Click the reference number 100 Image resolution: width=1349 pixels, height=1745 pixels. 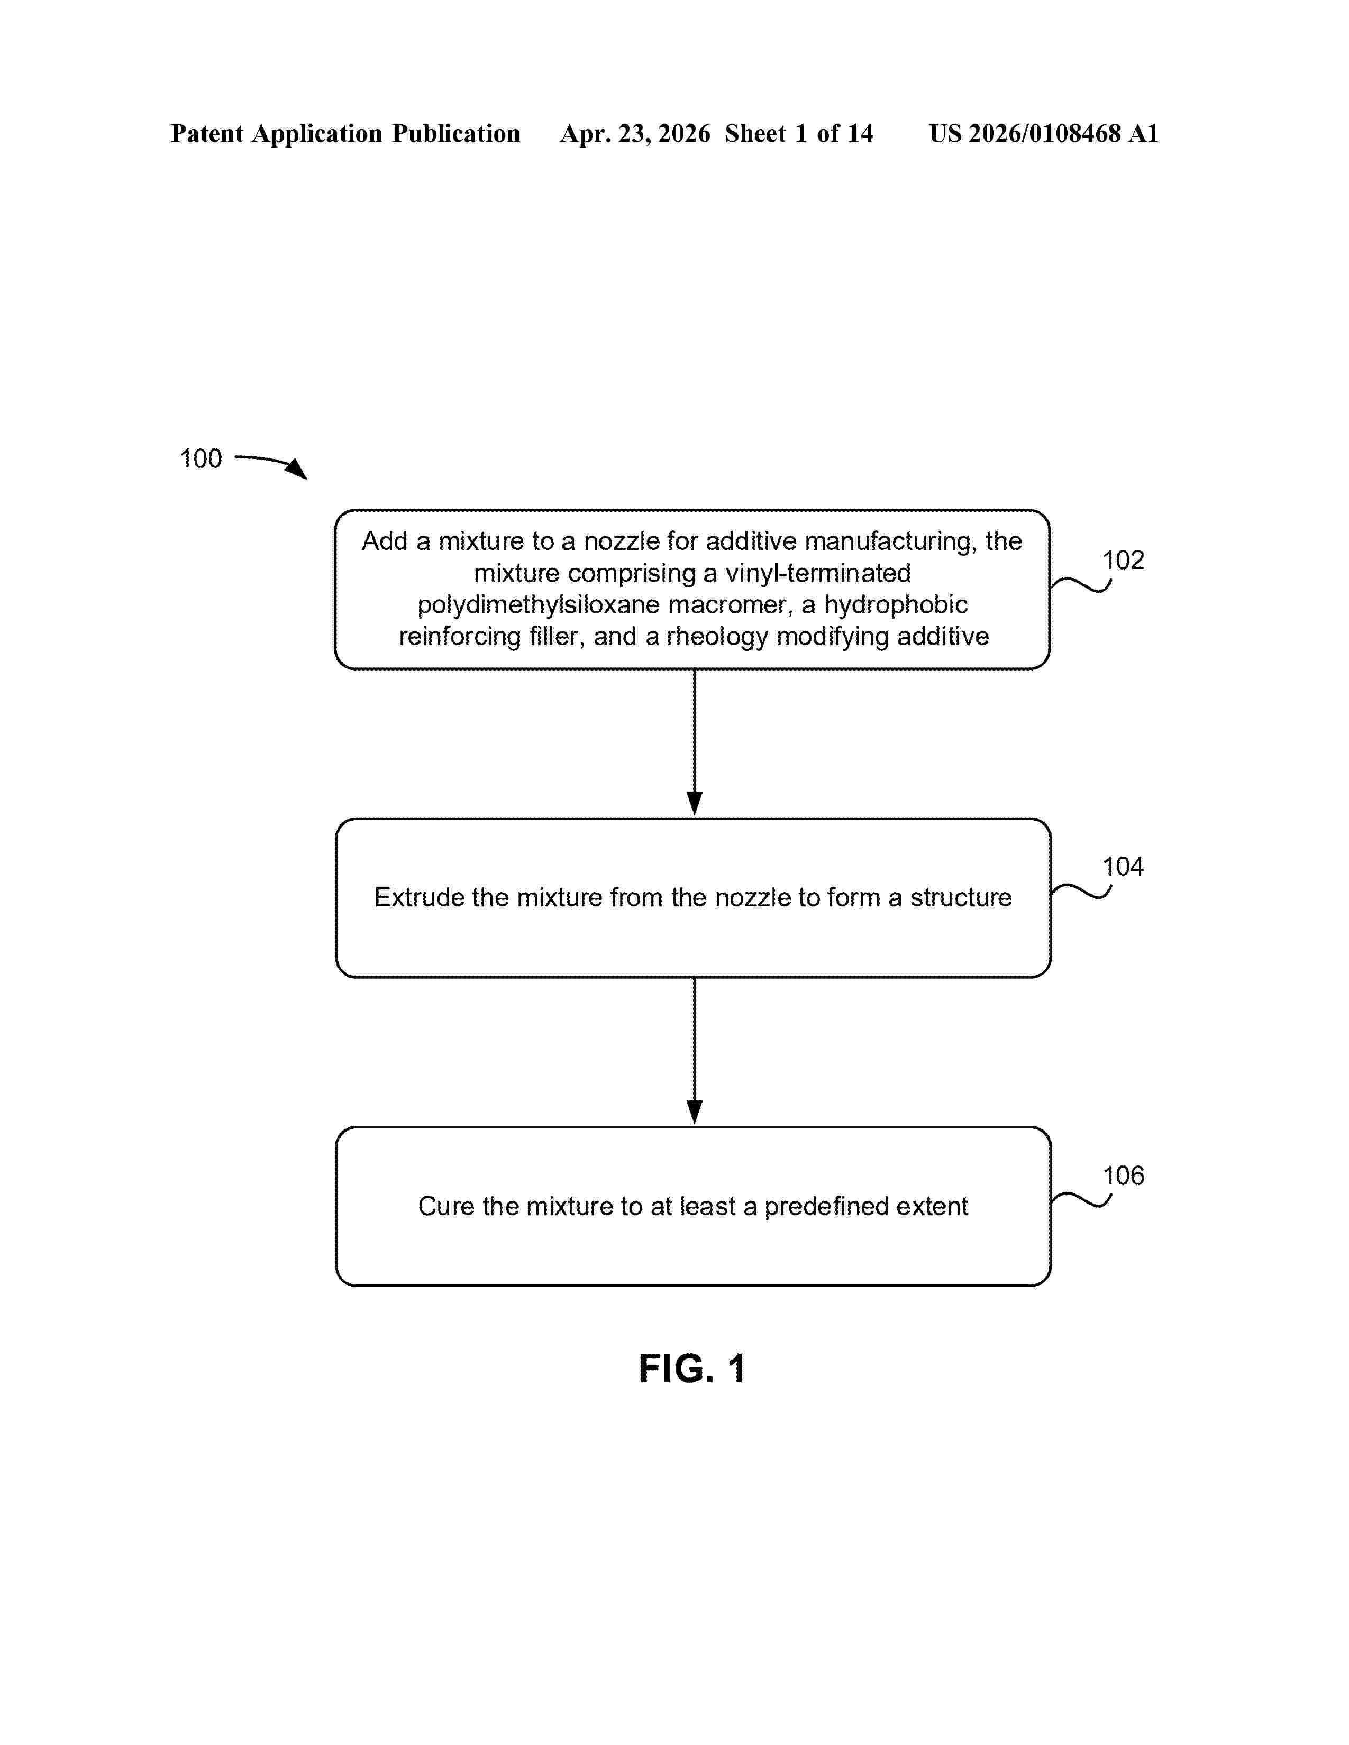tap(200, 458)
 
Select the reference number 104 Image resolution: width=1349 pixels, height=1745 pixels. tap(1123, 867)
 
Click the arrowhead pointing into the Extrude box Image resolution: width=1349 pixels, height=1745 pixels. tap(695, 804)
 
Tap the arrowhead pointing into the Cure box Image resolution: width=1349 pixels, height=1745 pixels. tap(695, 1112)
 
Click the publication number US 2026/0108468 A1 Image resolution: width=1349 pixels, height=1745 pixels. tap(1044, 133)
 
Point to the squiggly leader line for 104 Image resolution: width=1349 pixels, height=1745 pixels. tap(1080, 891)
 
